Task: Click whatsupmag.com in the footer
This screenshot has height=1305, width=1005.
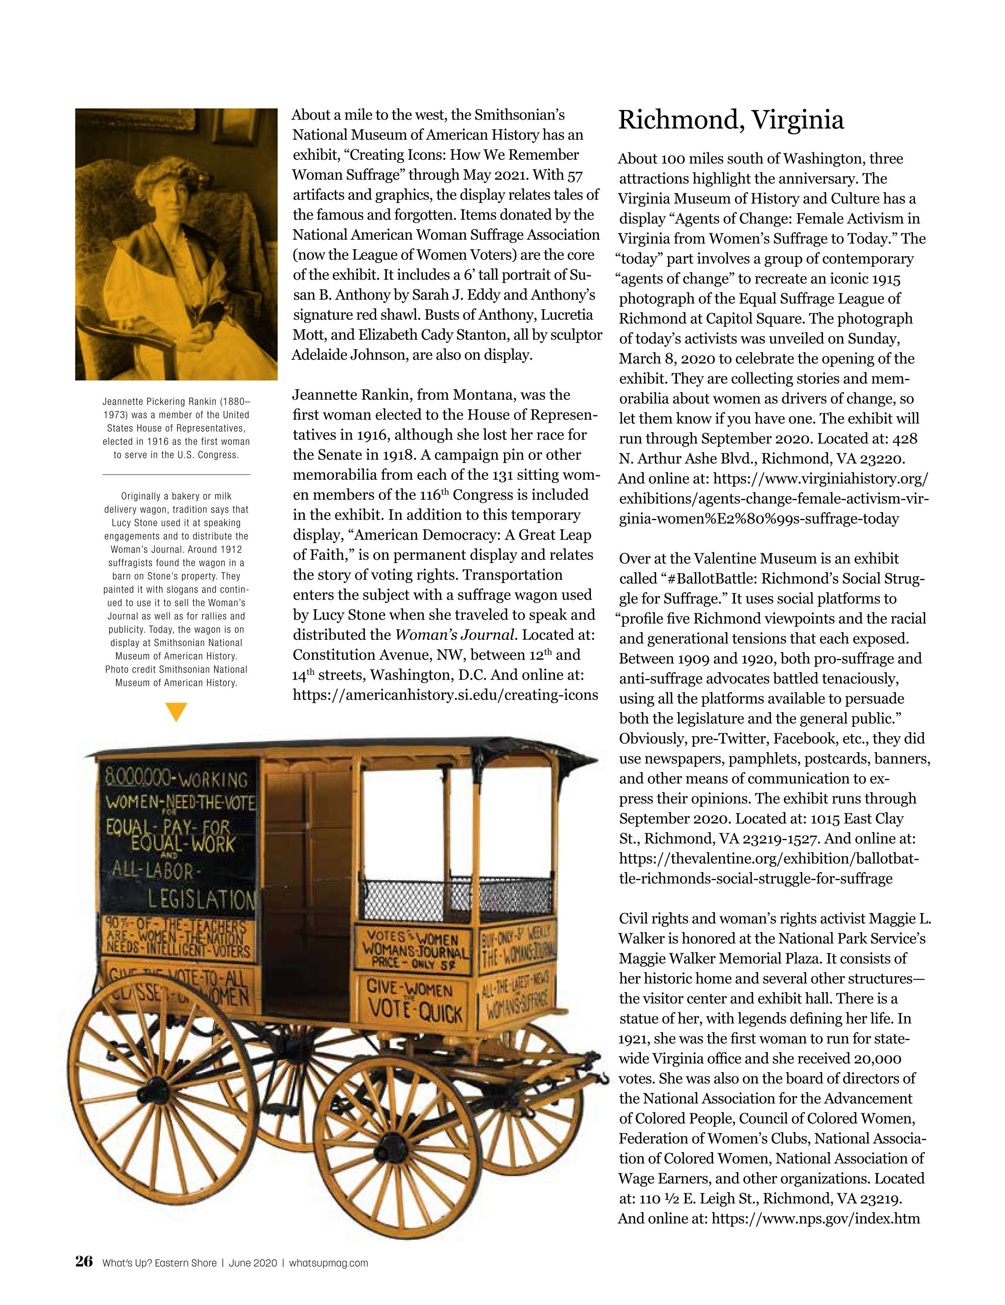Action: click(328, 1263)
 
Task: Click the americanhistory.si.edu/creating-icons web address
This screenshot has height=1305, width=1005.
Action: click(445, 695)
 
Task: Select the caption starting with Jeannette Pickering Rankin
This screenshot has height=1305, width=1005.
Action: click(176, 428)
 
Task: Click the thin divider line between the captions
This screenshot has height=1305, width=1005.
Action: click(176, 474)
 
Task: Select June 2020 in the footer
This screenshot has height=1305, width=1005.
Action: click(253, 1263)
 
